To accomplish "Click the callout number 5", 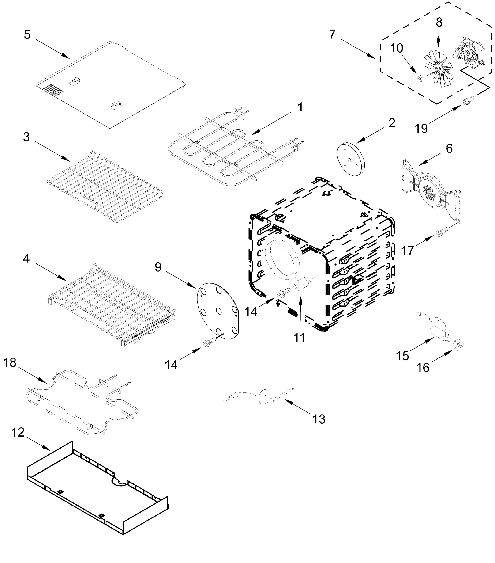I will (x=27, y=35).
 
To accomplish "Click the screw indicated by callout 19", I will (x=468, y=100).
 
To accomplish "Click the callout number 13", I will (x=319, y=419).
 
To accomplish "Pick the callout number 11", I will (x=299, y=337).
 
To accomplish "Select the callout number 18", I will (x=10, y=363).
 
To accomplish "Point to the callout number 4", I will (x=26, y=258).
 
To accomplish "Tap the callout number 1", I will (x=300, y=107).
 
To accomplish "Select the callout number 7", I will (x=332, y=35).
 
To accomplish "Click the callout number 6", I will (x=449, y=148).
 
